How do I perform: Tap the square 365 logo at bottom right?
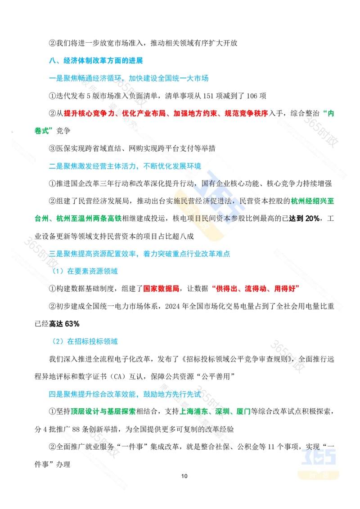318,458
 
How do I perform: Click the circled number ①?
51,288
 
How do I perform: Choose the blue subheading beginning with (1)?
86,271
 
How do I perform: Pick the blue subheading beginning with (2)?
85,341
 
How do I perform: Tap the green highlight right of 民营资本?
312,201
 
